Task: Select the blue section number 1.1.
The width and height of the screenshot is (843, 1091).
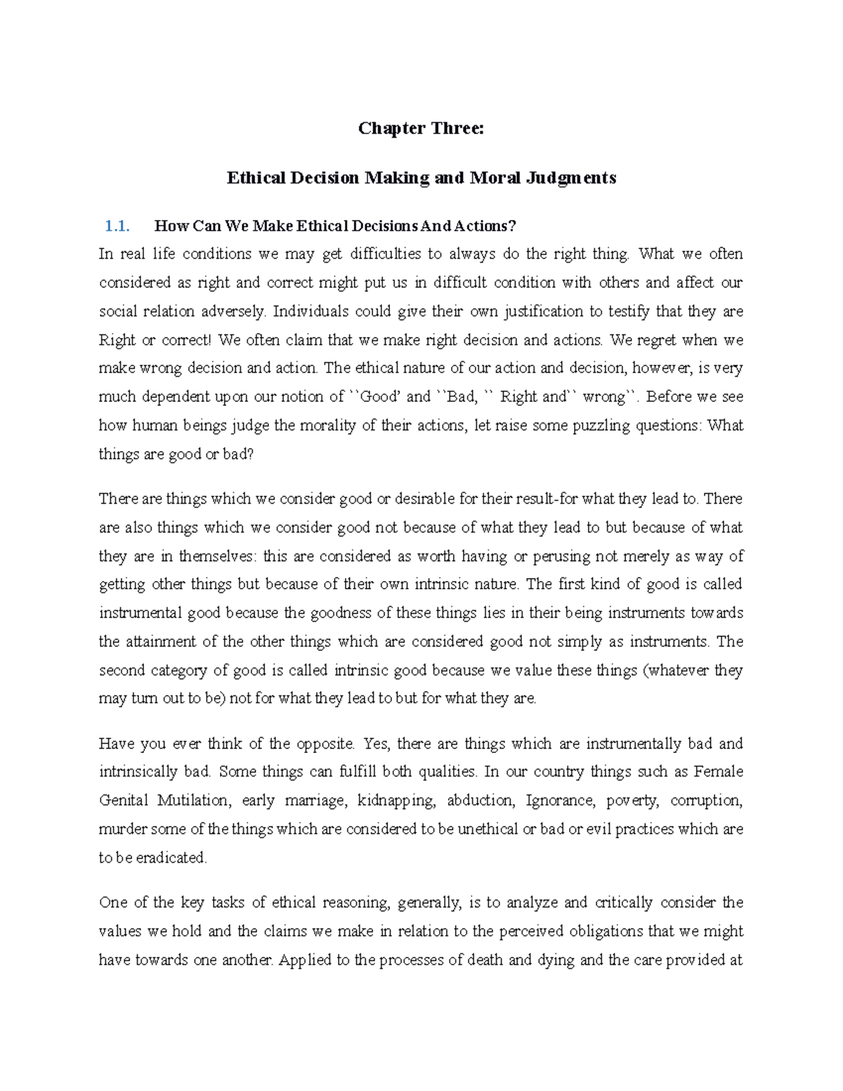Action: coord(117,226)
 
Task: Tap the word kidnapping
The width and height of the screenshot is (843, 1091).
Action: coord(396,800)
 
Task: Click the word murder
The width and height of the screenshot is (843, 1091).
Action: coord(122,829)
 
